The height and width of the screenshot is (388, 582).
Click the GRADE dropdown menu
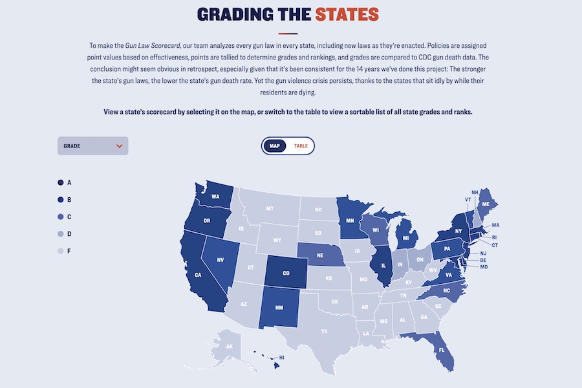click(x=92, y=146)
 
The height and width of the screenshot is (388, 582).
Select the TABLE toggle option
click(x=301, y=146)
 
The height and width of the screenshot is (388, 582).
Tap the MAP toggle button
click(x=275, y=146)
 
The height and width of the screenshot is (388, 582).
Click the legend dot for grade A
click(x=61, y=183)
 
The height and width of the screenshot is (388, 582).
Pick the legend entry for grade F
click(x=61, y=251)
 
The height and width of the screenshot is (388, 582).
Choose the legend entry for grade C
click(x=61, y=217)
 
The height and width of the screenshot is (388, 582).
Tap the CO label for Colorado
click(x=286, y=274)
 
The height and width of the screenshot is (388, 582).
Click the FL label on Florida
click(x=442, y=350)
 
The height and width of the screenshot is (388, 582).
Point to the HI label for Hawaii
click(x=282, y=357)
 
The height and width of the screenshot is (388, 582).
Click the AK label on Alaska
click(x=229, y=347)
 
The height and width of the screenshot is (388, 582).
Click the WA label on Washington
click(x=215, y=197)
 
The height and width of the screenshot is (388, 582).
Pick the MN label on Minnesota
click(x=350, y=221)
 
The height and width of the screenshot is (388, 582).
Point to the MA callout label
click(x=495, y=225)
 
